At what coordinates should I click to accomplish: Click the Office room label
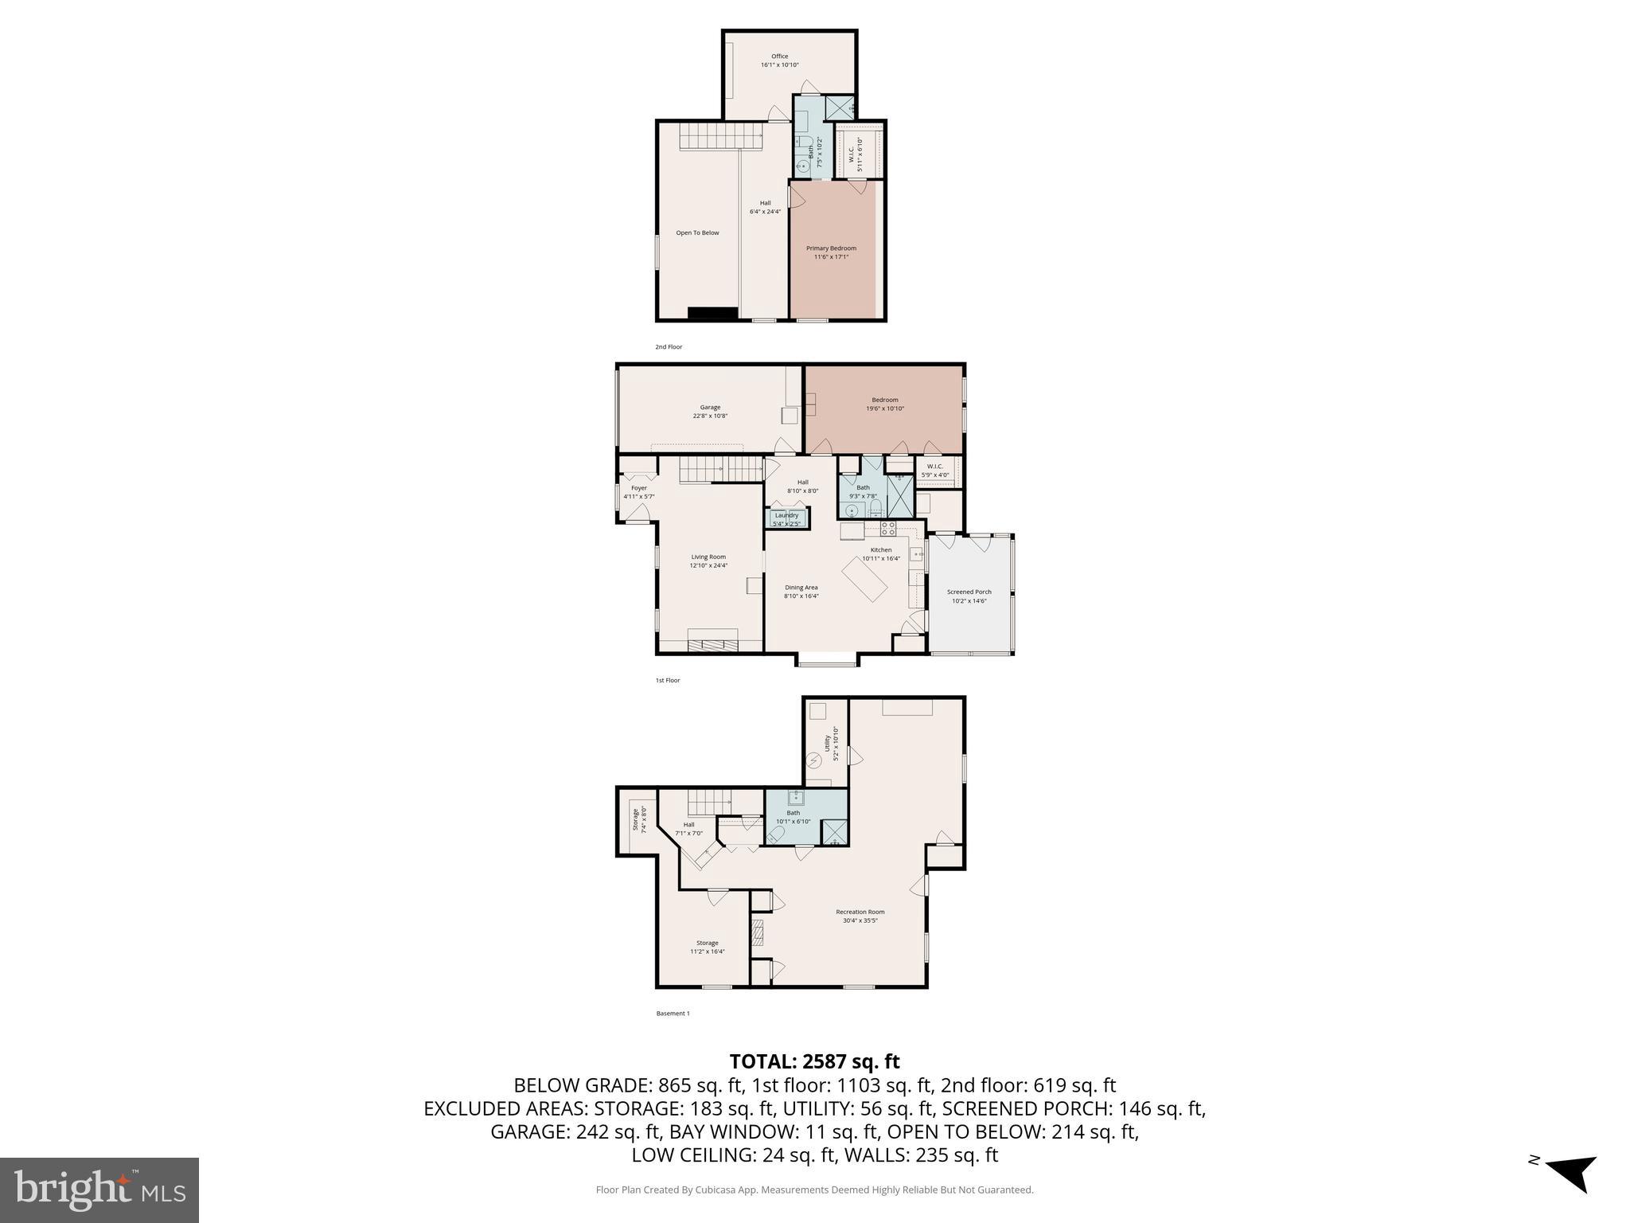click(779, 57)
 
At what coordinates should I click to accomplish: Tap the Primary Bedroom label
click(831, 248)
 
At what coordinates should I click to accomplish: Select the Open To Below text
click(697, 233)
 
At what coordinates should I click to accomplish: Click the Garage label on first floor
click(710, 408)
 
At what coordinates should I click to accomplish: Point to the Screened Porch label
click(969, 592)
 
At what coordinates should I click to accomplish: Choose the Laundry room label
click(786, 516)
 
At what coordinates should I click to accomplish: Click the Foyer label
click(638, 488)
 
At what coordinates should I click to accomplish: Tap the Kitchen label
click(880, 550)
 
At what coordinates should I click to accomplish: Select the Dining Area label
click(801, 588)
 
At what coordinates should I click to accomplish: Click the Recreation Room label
click(860, 912)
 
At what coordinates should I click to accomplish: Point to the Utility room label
click(828, 743)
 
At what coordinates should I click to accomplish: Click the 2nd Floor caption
click(669, 347)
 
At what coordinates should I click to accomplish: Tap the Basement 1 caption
click(673, 1014)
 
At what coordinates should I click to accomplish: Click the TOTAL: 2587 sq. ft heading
click(814, 1061)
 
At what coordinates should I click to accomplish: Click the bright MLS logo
click(99, 1190)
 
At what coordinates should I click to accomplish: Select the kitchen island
click(865, 580)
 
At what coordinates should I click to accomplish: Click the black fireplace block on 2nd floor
click(712, 313)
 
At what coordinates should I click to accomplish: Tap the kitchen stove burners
click(887, 527)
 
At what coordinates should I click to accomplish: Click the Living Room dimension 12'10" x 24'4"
click(708, 565)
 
